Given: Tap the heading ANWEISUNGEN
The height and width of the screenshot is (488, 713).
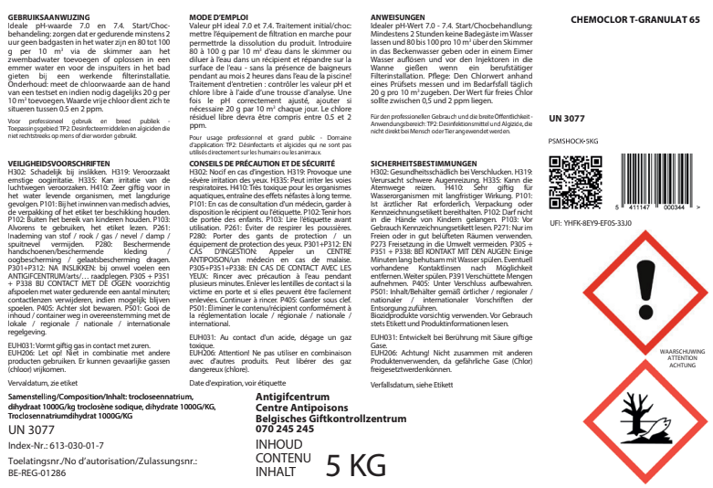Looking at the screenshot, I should click(x=399, y=18).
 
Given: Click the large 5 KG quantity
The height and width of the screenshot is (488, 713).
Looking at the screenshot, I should click(x=356, y=464).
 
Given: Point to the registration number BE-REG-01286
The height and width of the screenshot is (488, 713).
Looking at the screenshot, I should click(x=37, y=474).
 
